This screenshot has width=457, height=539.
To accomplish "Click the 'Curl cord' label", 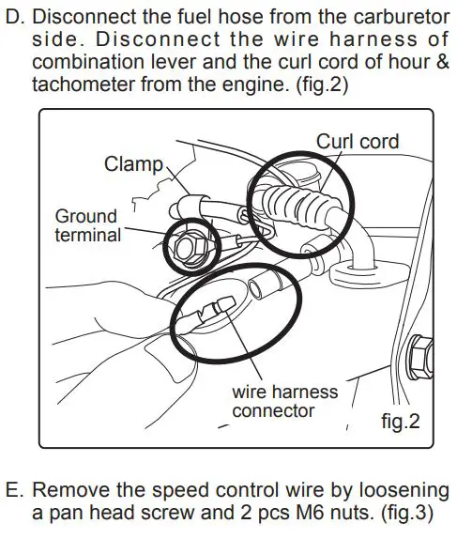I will [357, 142].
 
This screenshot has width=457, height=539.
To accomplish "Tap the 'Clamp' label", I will [133, 165].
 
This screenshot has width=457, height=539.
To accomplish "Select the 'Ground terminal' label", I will [87, 225].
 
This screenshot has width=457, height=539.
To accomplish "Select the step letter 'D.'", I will [14, 17].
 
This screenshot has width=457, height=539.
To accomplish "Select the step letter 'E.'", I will [14, 492].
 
